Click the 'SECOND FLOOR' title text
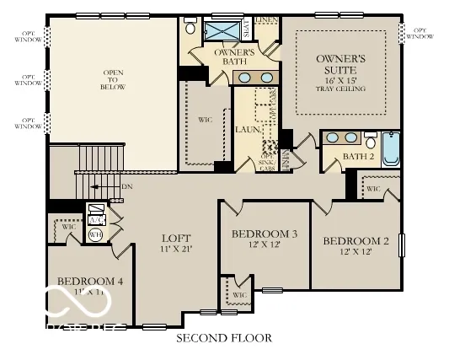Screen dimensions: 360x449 (223, 338)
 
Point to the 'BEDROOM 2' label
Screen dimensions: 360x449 (355, 241)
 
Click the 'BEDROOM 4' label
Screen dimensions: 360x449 (90, 281)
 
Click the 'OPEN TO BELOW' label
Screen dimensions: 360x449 (114, 80)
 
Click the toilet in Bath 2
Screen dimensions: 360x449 (370, 141)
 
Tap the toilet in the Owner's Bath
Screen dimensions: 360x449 (190, 29)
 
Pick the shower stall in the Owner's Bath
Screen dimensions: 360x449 (224, 30)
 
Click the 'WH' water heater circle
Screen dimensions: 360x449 (95, 234)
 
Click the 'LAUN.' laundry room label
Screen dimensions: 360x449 (246, 130)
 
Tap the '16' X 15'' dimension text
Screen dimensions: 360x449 (341, 78)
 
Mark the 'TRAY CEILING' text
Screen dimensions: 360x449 (341, 89)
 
